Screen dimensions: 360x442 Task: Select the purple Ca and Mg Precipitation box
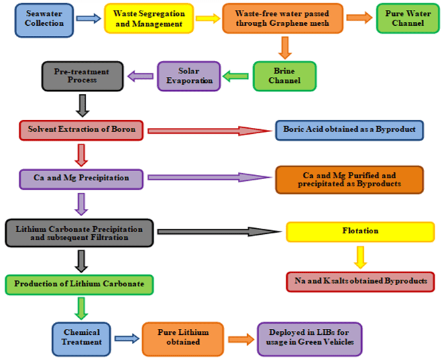pyautogui.click(x=81, y=178)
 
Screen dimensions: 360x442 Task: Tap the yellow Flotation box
pyautogui.click(x=360, y=231)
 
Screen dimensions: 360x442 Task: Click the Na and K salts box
pyautogui.click(x=360, y=280)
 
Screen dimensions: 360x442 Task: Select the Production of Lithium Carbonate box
pyautogui.click(x=80, y=284)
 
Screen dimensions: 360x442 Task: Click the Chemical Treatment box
pyautogui.click(x=82, y=337)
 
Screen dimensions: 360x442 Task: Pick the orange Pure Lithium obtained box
pyautogui.click(x=183, y=337)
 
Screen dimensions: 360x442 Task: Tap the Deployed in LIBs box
pyautogui.click(x=310, y=337)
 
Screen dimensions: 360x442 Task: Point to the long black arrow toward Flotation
pyautogui.click(x=218, y=232)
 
